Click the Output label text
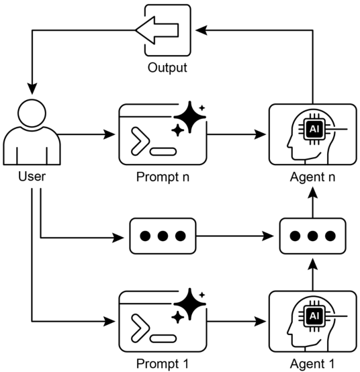pos(167,68)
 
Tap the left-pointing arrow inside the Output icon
pos(157,30)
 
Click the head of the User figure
pos(32,113)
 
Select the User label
pos(32,177)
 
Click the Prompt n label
pos(163,177)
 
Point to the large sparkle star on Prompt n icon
pos(189,117)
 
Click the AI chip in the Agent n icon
pos(314,129)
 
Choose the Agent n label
pos(312,177)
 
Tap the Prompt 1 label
pos(163,364)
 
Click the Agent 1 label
pos(312,364)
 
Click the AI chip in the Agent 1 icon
pos(314,316)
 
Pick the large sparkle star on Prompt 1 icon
pos(189,304)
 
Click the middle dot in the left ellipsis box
pos(163,236)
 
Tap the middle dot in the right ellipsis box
pos(312,236)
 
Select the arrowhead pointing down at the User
pos(32,89)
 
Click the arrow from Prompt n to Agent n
pos(236,134)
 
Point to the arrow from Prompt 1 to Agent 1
pos(236,322)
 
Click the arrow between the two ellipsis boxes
pos(235,236)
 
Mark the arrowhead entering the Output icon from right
pos(201,30)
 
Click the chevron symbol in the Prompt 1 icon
pos(140,328)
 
